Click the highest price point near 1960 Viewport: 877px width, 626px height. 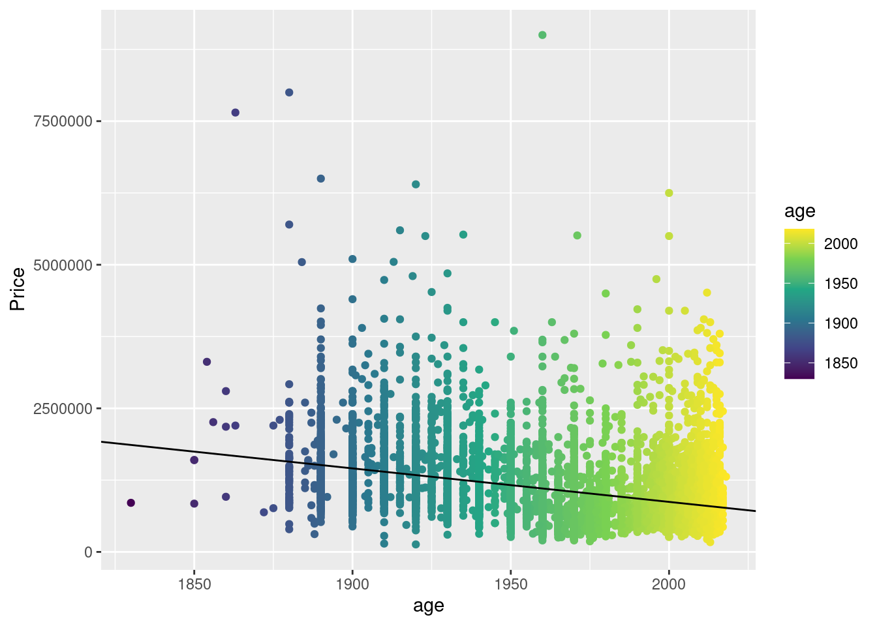tap(542, 35)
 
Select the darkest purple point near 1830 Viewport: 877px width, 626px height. tap(131, 503)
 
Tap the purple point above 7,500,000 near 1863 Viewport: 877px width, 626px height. tap(236, 113)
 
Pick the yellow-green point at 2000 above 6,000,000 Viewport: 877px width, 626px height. tap(669, 193)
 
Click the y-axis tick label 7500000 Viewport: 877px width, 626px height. tap(62, 121)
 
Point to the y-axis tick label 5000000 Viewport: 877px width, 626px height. tap(62, 265)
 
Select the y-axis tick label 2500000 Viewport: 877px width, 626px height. tap(62, 409)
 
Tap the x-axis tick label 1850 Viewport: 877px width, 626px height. tap(194, 584)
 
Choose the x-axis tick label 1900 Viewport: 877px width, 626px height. tap(352, 584)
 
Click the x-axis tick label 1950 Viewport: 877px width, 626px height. tap(511, 584)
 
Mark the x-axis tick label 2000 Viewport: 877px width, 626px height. tap(669, 584)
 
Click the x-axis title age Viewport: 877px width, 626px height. tap(429, 606)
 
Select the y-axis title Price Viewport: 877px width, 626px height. tap(18, 289)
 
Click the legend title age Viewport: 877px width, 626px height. tap(799, 211)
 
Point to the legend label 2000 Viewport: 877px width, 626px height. tap(840, 244)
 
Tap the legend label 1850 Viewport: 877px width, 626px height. tap(840, 363)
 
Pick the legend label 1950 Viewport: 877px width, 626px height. tap(840, 284)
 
